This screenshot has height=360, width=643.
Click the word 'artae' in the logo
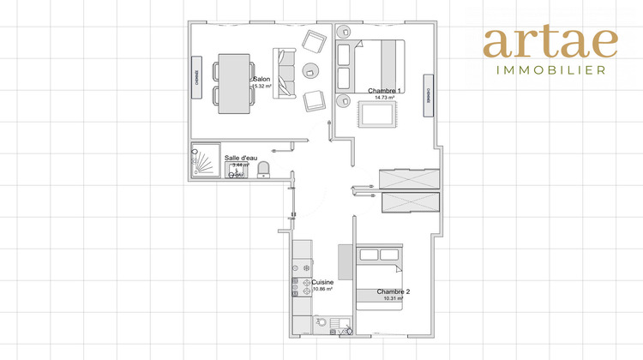point(550,44)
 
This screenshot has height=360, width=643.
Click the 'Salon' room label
point(261,79)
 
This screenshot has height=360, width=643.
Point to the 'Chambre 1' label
point(385,91)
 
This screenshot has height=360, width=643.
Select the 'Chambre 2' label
point(394,291)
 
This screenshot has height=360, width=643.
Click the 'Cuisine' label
point(322,282)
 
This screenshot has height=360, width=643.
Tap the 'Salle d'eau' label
point(241,158)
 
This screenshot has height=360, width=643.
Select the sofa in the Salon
point(285,74)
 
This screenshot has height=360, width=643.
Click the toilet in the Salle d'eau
point(265,166)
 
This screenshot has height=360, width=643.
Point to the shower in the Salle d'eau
point(206,160)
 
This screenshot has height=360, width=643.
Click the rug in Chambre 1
point(375,114)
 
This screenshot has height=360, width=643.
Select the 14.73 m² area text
point(385,99)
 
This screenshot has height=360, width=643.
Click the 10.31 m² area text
point(394,299)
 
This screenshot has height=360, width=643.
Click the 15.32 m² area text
point(261,87)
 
